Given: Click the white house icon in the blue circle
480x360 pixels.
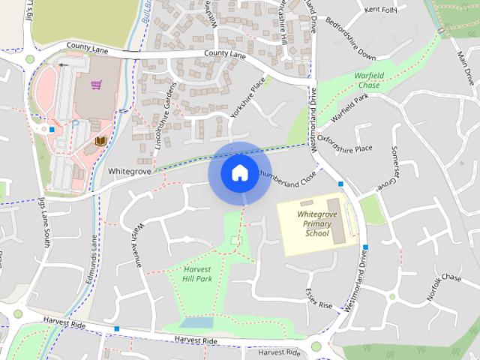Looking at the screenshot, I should pos(239,172).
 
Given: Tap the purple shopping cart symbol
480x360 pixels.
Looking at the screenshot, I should pos(96,85).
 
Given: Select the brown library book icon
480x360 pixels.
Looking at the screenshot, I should pos(100,141).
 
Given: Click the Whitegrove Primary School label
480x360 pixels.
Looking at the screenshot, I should pos(317,223).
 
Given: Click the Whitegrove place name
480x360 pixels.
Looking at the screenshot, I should pos(130,171).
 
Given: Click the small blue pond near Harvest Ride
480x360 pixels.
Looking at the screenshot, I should pos(196,322).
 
